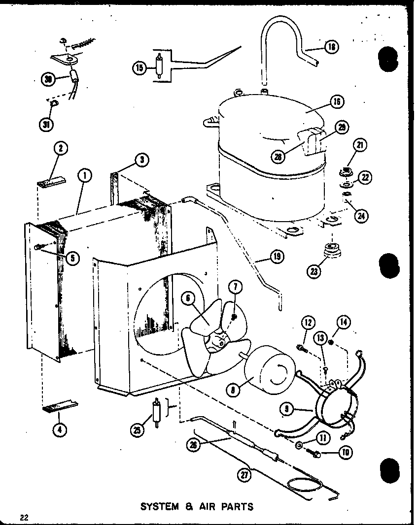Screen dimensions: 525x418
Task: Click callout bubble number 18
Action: click(x=331, y=47)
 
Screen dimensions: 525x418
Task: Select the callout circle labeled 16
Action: click(x=337, y=102)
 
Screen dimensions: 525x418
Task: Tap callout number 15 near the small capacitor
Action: click(x=139, y=68)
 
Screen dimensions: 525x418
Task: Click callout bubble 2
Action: click(x=61, y=148)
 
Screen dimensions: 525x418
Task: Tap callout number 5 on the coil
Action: click(x=73, y=258)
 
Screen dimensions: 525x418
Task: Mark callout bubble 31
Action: click(x=47, y=124)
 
